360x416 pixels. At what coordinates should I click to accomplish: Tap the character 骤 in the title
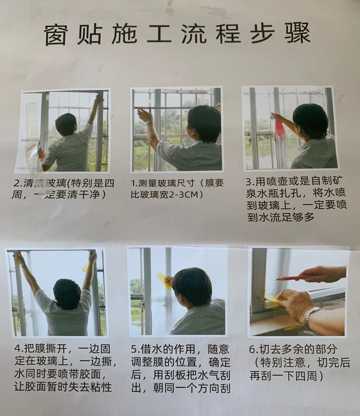[x=298, y=33]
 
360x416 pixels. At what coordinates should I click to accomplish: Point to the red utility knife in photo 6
[x=293, y=277]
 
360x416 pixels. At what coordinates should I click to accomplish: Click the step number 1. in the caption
[x=135, y=183]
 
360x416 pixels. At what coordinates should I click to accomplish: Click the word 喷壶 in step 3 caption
[x=275, y=182]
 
